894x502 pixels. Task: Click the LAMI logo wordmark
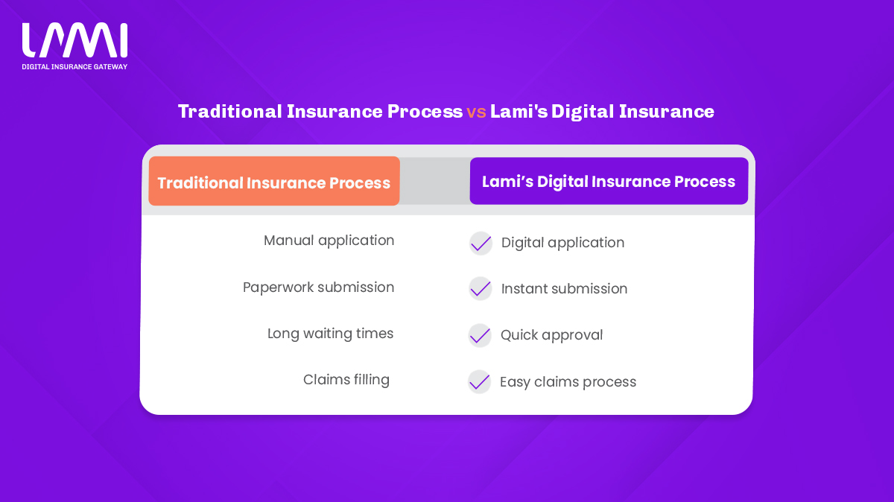[74, 40]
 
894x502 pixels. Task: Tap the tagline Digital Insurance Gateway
[74, 66]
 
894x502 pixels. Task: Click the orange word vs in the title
[476, 112]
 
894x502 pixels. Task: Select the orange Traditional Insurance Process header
[274, 181]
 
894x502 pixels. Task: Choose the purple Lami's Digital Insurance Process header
[609, 181]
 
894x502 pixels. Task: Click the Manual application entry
[329, 241]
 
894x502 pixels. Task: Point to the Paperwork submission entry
[319, 287]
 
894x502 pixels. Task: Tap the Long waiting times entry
[331, 334]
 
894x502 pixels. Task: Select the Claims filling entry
[346, 380]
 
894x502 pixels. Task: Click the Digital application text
[562, 243]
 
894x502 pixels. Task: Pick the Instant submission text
[565, 288]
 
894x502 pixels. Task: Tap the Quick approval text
[551, 335]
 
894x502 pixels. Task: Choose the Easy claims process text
[568, 382]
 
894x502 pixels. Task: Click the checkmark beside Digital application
[481, 244]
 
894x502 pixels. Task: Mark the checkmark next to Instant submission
[480, 289]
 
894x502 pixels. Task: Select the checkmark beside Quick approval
[480, 336]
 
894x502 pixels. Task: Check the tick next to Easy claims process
[479, 382]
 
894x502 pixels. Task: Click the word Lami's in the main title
[519, 111]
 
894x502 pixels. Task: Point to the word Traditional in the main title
[230, 111]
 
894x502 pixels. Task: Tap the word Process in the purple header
[705, 182]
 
